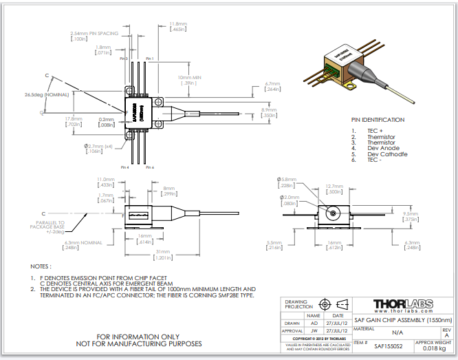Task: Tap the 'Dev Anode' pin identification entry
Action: click(x=384, y=148)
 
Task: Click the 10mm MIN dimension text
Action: click(x=189, y=77)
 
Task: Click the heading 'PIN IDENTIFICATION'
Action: click(x=378, y=119)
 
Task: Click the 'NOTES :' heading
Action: click(x=41, y=266)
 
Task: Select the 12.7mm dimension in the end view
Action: click(x=334, y=186)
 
